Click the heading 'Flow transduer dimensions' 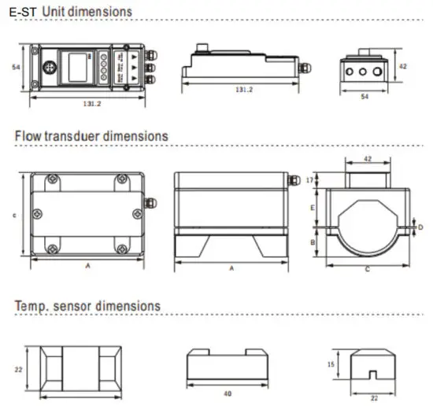point(91,135)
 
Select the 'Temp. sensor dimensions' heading point(87,305)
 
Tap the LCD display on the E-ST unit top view point(76,67)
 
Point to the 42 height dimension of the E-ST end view point(402,68)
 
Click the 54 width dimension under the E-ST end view point(364,97)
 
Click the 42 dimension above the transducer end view point(366,158)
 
